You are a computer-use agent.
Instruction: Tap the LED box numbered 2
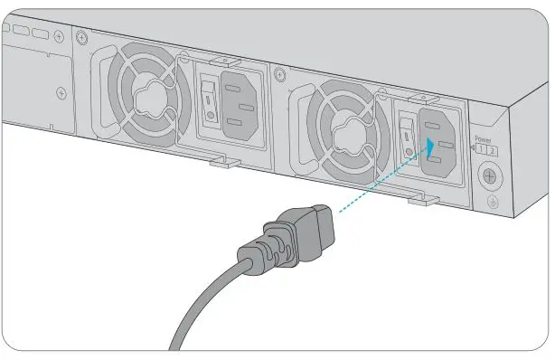click(x=491, y=150)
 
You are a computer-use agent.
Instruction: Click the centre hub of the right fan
click(x=345, y=137)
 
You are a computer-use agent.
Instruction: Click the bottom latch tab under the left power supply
click(x=226, y=164)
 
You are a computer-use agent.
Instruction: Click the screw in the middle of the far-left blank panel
click(x=61, y=92)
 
